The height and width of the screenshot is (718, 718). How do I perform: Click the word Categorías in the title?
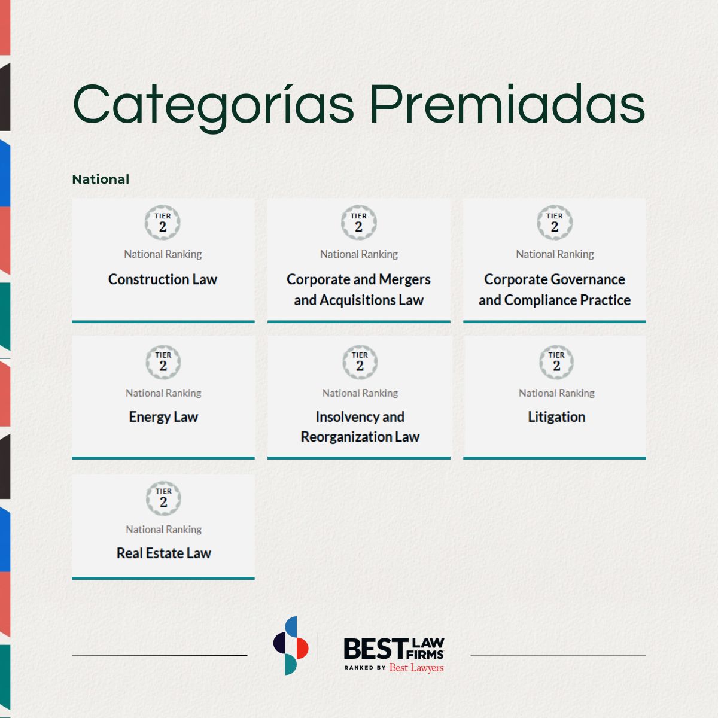pos(213,106)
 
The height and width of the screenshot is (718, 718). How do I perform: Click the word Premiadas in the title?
pos(507,104)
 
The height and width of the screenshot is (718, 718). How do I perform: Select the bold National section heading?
pos(101,180)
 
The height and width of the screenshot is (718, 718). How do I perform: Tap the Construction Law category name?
pos(163,279)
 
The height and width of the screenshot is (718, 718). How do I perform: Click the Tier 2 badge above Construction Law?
pos(163,223)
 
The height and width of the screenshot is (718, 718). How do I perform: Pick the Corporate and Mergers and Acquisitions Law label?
pos(358,290)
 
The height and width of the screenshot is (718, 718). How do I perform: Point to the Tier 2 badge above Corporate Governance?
pos(555,223)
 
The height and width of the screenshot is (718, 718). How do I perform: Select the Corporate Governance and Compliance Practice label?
pos(555,290)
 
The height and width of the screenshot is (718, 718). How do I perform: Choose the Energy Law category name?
pos(163,417)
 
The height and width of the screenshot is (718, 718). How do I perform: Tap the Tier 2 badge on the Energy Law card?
pos(163,362)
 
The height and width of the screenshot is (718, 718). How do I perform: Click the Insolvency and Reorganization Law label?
pos(360,427)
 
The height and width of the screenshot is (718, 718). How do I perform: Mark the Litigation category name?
pos(556,417)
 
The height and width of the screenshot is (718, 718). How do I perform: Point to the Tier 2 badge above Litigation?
pos(556,362)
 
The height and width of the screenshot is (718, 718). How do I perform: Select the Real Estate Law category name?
pos(163,553)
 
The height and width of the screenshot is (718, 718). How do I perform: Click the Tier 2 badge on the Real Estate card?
pos(163,498)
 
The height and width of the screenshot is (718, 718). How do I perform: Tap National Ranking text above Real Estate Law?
pos(163,530)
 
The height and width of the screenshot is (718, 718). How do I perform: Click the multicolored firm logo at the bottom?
pos(291,646)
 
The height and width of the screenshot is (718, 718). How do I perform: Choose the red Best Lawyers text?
pos(416,668)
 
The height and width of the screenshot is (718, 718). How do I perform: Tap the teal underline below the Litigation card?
pos(555,458)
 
